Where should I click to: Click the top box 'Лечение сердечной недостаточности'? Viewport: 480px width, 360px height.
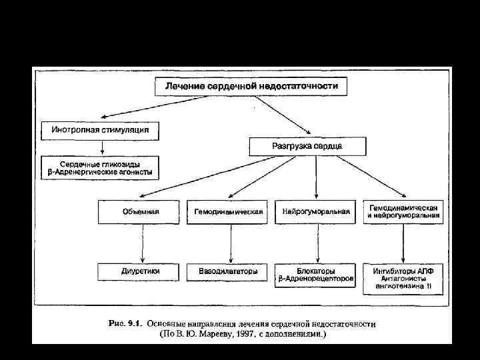(x=251, y=86)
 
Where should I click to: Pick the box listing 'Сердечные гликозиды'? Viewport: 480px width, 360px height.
(x=100, y=167)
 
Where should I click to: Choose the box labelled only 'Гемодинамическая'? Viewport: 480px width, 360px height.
(x=229, y=212)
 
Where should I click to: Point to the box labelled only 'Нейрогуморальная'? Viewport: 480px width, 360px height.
(x=316, y=212)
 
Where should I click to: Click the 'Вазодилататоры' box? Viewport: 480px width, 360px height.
(x=229, y=272)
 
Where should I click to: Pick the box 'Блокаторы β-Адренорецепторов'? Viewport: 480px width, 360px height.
(x=316, y=276)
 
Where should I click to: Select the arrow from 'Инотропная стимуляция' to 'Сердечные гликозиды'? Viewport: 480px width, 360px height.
(x=101, y=147)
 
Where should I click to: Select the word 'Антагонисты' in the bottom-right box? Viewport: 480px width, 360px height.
(x=403, y=280)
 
